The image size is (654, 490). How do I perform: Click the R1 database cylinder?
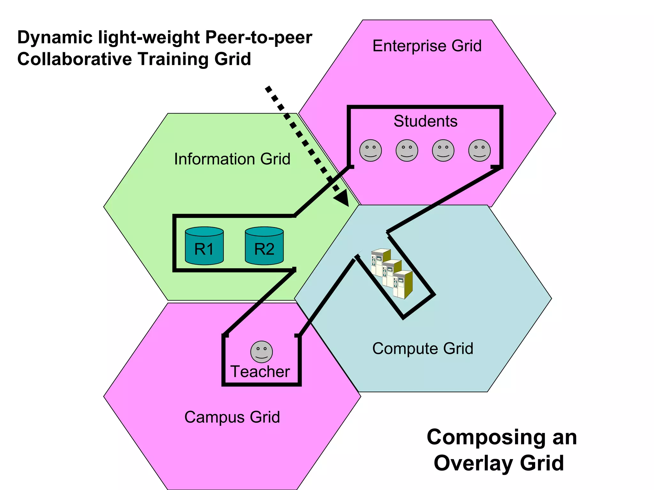pos(204,246)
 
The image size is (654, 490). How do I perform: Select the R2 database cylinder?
pos(264,246)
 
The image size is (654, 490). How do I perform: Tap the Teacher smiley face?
pos(262,352)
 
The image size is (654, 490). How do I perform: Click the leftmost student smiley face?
pos(370,151)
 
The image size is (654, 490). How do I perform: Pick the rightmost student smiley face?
pos(479,151)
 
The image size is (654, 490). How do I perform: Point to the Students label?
pos(425,121)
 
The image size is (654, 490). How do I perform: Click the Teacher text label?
pos(260,372)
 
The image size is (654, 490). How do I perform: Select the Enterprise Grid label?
pos(427,46)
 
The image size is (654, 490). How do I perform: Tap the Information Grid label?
pos(232,159)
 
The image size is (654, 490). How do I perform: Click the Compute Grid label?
pos(422,348)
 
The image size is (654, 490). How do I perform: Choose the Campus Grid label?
pos(232,417)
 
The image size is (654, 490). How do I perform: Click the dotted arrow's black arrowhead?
pos(342,198)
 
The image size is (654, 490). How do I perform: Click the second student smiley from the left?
pos(407,151)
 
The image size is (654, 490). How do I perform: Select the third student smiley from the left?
pos(443,151)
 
